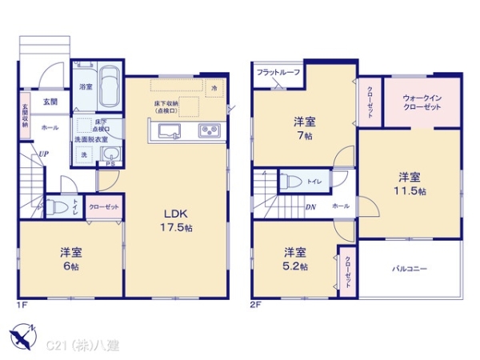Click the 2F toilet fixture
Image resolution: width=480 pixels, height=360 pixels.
coord(291,181)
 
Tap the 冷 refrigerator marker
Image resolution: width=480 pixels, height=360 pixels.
coord(214,87)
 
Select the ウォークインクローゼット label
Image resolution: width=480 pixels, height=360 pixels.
coord(422,102)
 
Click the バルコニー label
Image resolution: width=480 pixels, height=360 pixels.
coord(410,269)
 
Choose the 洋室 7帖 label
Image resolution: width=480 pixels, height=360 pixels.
coord(303,128)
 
